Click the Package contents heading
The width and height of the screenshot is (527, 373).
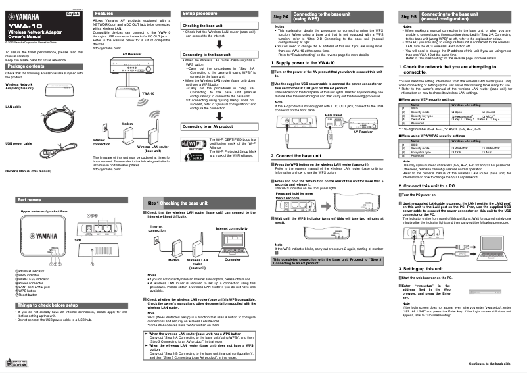pos(30,66)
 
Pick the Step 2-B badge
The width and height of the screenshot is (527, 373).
pos(409,16)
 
